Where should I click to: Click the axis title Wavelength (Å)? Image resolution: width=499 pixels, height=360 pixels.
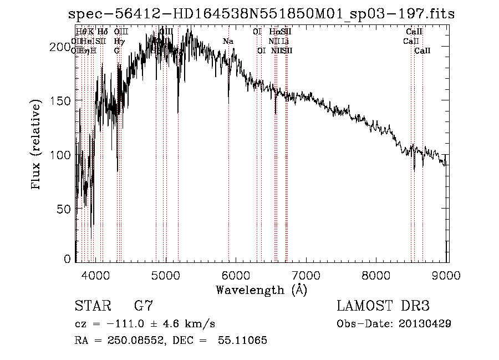(x=261, y=290)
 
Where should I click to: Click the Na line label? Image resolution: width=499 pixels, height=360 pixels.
(x=228, y=41)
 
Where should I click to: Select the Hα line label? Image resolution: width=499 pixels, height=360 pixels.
(x=274, y=32)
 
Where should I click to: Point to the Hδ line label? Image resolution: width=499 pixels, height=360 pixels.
(x=103, y=32)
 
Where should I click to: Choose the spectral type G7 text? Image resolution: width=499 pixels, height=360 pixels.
(x=144, y=306)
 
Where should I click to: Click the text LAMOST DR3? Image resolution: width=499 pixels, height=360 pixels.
(x=383, y=306)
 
